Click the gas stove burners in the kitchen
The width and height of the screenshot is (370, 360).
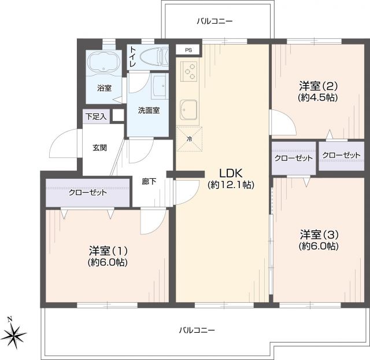click(x=189, y=71)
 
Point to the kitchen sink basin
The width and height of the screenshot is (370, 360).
click(x=189, y=108)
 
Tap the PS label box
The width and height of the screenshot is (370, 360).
click(x=188, y=50)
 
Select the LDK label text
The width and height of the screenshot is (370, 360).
click(x=231, y=173)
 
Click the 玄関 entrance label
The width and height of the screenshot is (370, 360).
click(x=99, y=147)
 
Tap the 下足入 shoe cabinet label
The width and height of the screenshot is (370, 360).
click(x=96, y=116)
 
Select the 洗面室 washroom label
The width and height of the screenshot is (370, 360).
click(x=149, y=111)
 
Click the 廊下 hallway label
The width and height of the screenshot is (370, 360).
click(x=149, y=181)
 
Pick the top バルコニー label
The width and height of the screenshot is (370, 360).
click(x=214, y=21)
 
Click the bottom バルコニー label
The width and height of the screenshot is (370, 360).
click(x=196, y=330)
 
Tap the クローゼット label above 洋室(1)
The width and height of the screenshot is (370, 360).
click(x=87, y=192)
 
